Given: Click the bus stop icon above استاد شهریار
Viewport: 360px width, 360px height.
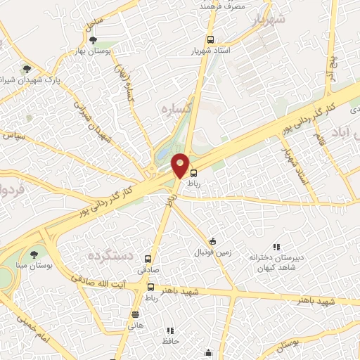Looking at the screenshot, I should [210, 39].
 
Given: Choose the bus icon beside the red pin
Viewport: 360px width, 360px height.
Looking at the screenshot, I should [194, 172].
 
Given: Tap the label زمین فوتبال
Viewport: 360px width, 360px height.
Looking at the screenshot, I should [212, 251].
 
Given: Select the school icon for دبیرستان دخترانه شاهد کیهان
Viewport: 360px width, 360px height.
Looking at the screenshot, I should [276, 247].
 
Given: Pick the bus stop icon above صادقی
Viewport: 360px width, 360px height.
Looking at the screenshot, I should [148, 258].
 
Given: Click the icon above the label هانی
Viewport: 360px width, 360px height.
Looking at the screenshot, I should [135, 314].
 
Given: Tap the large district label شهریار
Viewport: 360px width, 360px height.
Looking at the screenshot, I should [271, 19].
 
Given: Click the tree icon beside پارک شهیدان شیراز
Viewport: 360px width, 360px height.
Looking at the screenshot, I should [27, 69].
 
